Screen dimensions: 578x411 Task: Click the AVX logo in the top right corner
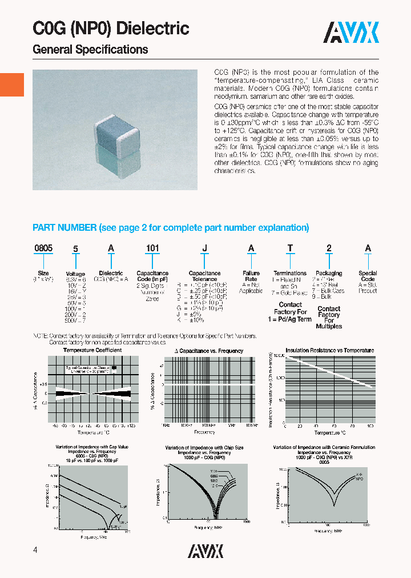coord(351,33)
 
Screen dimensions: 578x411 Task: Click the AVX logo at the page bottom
coord(205,551)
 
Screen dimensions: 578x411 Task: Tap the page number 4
coord(35,550)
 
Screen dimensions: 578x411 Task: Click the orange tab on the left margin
coord(12,85)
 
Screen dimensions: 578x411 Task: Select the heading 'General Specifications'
coord(90,50)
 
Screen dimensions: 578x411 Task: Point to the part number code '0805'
coord(43,248)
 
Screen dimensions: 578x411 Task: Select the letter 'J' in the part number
coord(204,248)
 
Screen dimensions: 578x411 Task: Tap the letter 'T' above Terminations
coord(290,248)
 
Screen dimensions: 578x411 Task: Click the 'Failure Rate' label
coord(251,276)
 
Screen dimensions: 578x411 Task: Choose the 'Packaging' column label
coord(329,274)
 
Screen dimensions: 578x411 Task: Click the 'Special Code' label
coord(368,276)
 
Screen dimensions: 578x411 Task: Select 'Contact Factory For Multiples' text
coord(329,318)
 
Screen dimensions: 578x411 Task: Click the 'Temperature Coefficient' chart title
coord(92,350)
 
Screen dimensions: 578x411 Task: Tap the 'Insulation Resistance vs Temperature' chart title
coord(329,350)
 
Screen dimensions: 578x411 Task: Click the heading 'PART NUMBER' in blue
coord(65,228)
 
